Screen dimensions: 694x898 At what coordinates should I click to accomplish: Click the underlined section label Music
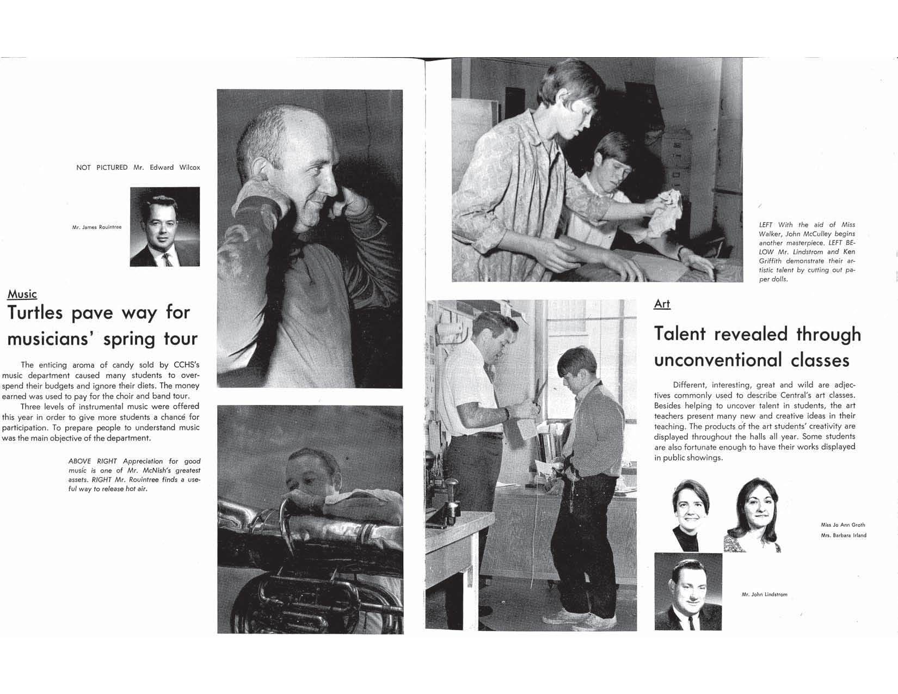tap(22, 294)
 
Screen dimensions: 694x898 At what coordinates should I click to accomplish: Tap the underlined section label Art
tap(662, 304)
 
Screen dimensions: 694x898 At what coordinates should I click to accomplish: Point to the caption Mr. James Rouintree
tap(96, 227)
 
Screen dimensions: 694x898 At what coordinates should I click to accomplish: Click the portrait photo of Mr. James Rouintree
tap(165, 226)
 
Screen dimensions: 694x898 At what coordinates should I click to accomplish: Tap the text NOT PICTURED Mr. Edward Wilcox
tap(138, 168)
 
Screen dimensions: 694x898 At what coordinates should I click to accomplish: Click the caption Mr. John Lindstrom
tap(764, 594)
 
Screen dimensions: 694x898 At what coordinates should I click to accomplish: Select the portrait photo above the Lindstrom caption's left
tap(688, 592)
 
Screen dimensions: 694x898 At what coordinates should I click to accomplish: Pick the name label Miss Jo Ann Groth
tap(842, 525)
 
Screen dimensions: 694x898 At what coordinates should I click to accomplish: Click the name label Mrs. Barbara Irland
tap(844, 535)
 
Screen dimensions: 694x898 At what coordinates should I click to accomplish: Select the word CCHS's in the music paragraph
tap(186, 365)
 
